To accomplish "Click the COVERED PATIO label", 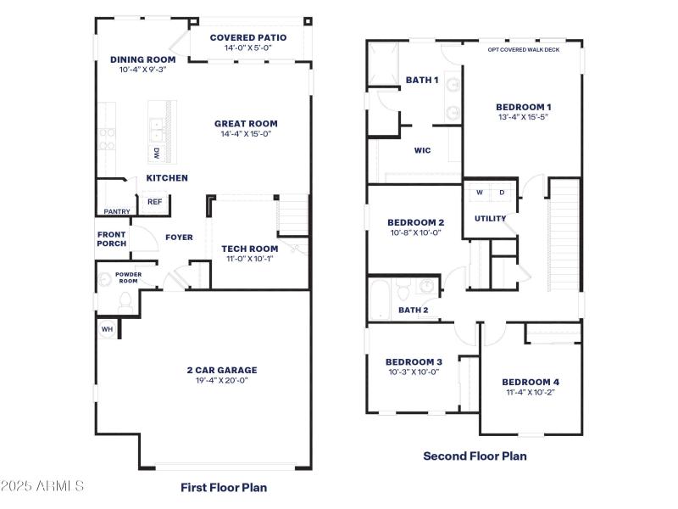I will point(247,37).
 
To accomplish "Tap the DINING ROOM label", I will point(143,59).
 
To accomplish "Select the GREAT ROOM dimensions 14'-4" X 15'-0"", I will point(246,134).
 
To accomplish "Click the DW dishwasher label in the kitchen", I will point(157,153).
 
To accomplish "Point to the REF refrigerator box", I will point(154,202).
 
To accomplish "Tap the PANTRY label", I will point(117,211).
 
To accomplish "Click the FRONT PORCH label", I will point(112,239).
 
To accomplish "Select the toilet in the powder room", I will point(125,299).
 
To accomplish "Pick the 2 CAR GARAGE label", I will point(221,370).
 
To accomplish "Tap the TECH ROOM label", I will point(249,249).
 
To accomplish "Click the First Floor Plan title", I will point(224,487).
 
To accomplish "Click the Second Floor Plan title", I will point(475,456).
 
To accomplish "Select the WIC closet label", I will point(422,150).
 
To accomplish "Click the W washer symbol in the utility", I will point(479,193).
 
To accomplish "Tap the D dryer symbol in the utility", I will point(502,193).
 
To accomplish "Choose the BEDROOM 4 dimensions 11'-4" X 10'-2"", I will point(530,393).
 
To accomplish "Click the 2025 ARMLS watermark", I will point(42,486).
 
